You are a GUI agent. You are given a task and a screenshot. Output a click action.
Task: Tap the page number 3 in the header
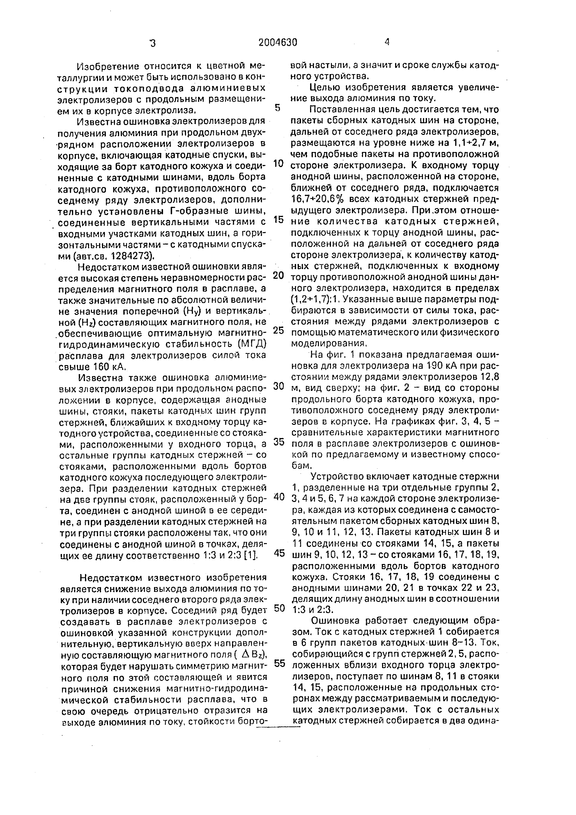(153, 43)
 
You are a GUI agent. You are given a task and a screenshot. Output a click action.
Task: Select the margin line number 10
(279, 164)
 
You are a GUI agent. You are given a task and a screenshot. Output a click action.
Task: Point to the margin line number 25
(279, 330)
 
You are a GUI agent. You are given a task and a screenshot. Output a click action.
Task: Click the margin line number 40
(279, 497)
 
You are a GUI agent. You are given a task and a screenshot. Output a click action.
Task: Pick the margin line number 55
(279, 663)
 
